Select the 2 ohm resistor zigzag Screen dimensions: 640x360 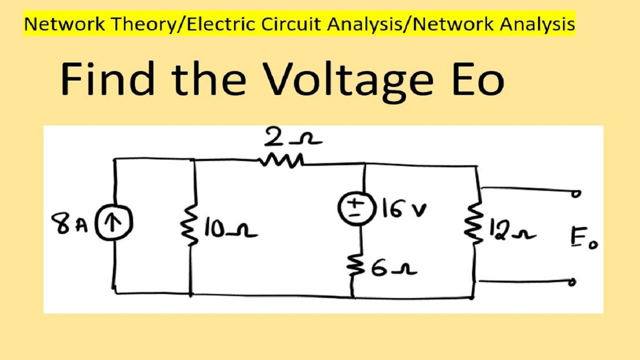pyautogui.click(x=281, y=161)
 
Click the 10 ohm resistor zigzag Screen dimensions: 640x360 pyautogui.click(x=189, y=225)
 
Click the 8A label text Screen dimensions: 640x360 pyautogui.click(x=69, y=224)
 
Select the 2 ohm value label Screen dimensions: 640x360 pyautogui.click(x=293, y=137)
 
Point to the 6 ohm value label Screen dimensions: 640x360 pyautogui.click(x=393, y=269)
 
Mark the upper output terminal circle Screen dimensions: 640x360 pyautogui.click(x=576, y=193)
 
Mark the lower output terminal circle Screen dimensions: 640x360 pyautogui.click(x=571, y=282)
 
